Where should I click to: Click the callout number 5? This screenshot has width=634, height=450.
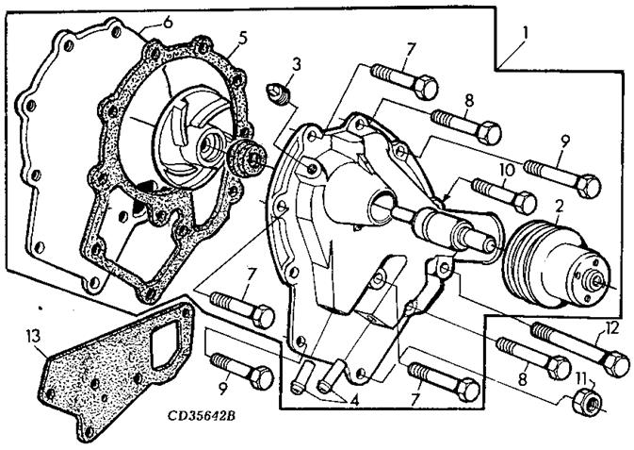242,39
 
